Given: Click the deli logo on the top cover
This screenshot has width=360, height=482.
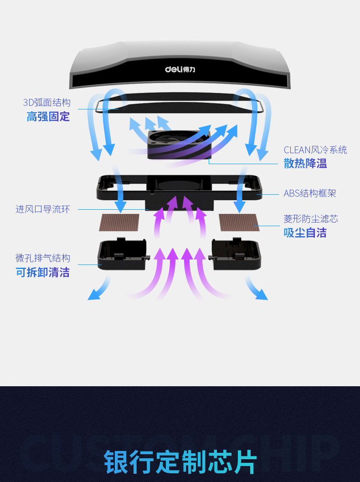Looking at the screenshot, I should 180,69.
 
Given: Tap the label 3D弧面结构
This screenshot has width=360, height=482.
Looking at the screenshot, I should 47,102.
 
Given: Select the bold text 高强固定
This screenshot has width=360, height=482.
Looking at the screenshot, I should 48,117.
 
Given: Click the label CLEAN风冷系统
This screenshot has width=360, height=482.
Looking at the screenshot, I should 315,150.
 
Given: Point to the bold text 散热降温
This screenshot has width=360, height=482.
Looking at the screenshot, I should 305,164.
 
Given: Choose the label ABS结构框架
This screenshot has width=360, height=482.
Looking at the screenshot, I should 310,193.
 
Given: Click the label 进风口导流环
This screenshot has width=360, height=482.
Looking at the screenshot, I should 43,209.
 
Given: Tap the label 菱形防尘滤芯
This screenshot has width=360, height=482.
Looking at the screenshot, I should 311,219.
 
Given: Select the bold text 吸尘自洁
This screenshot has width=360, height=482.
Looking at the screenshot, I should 305,233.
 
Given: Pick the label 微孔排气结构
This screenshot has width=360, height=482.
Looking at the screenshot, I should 43,258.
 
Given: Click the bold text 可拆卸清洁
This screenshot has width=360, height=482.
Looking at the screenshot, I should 43,273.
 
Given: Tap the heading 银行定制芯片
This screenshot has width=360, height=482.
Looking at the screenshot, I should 180,461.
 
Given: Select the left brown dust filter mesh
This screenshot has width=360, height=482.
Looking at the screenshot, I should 119,223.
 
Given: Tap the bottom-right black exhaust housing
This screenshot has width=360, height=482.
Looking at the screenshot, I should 236,254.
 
